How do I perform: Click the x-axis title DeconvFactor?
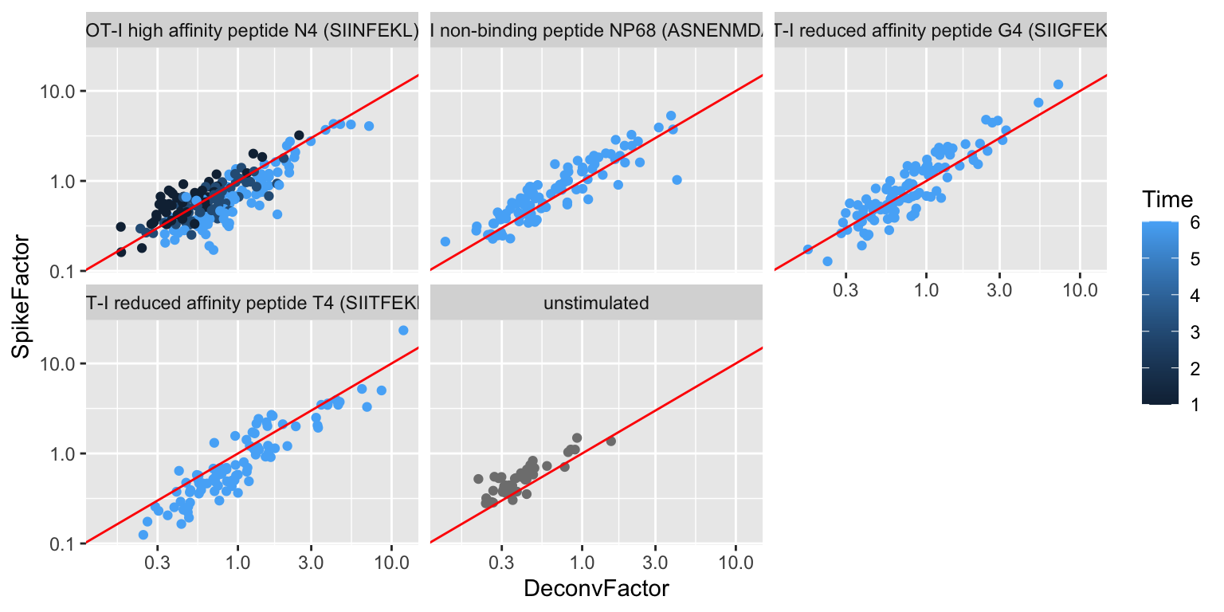[x=595, y=589]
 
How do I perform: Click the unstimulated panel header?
[x=596, y=303]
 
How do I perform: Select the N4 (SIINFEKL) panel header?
[x=252, y=30]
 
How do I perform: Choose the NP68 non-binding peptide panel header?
[x=596, y=30]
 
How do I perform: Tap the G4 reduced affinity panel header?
[x=940, y=30]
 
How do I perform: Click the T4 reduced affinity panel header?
[x=252, y=303]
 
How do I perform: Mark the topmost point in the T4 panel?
[x=403, y=330]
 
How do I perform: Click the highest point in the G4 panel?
[x=1058, y=84]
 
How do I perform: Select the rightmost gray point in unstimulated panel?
[x=611, y=441]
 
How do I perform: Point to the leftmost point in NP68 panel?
[x=445, y=241]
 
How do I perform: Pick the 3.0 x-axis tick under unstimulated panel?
[x=655, y=561]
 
